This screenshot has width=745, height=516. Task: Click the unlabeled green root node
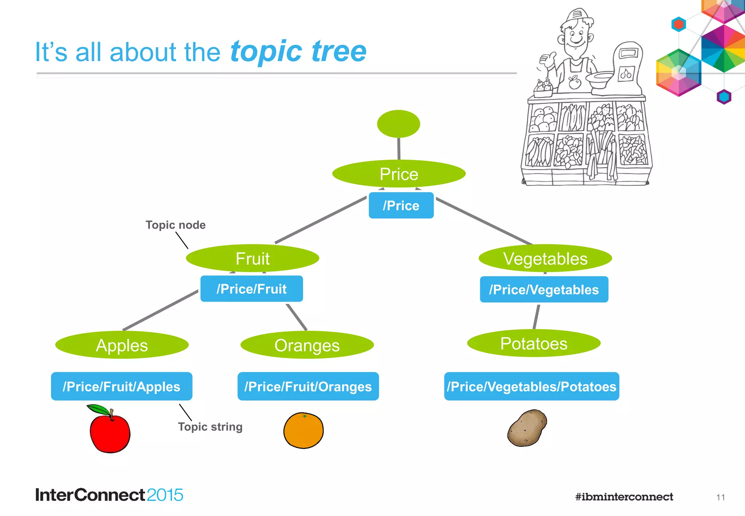tap(398, 124)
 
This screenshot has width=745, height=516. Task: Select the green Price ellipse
tap(399, 174)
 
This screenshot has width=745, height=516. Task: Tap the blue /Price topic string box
tap(401, 206)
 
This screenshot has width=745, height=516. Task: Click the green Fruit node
tap(252, 258)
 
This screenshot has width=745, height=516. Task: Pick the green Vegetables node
tap(545, 258)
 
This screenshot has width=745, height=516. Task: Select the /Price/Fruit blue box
tap(251, 289)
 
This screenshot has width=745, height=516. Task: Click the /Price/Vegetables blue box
tap(544, 290)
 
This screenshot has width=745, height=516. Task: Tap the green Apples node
tap(122, 345)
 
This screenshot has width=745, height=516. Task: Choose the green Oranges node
tap(307, 345)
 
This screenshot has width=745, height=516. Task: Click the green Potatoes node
tap(534, 343)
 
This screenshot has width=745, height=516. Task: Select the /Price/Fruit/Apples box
tap(121, 386)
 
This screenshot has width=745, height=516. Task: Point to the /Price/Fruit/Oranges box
tap(308, 386)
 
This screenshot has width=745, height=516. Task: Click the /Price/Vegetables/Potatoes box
tap(531, 386)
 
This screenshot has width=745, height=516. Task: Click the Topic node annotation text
tap(175, 225)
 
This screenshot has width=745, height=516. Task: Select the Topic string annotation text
tap(210, 426)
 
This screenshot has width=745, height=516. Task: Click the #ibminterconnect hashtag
tap(624, 497)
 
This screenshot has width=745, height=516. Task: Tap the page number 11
tap(720, 497)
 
